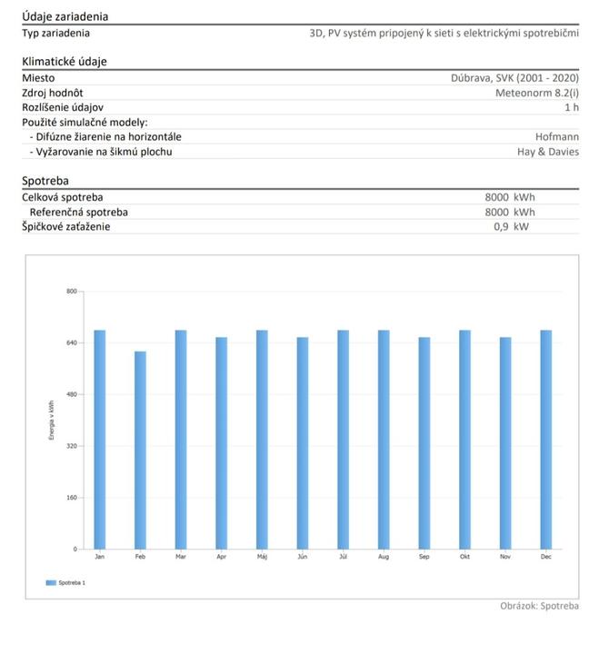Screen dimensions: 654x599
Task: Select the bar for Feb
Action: tap(140, 450)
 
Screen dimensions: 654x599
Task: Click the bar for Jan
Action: tap(100, 440)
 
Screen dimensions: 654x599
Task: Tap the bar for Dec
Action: tap(545, 440)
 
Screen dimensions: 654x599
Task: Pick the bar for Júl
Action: tap(343, 440)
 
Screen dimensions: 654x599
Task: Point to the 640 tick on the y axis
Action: tap(71, 343)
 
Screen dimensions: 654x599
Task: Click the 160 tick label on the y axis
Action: tap(71, 498)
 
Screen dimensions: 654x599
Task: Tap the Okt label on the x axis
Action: tap(464, 555)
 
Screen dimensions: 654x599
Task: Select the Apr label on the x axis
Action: tap(221, 555)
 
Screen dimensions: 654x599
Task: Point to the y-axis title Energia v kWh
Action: tap(52, 421)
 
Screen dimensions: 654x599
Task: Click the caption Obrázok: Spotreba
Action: tap(539, 606)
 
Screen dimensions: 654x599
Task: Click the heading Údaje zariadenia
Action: tap(65, 16)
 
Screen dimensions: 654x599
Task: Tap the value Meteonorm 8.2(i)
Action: tap(536, 93)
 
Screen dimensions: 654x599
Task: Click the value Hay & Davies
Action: tap(547, 152)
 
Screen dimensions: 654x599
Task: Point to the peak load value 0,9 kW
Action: tap(510, 226)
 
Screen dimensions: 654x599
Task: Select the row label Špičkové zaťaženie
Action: tap(65, 226)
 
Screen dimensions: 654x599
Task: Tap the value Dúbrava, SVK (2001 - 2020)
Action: tap(514, 78)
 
